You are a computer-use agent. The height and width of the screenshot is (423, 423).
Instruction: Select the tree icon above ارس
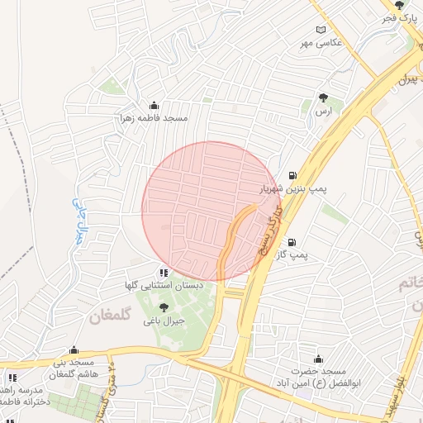point(323,97)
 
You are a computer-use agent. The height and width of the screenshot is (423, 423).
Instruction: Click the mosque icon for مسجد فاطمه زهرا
point(154,106)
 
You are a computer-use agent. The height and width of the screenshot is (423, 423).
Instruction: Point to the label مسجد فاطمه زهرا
point(154,118)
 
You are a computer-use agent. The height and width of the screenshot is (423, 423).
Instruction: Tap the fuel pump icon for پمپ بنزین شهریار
point(293,175)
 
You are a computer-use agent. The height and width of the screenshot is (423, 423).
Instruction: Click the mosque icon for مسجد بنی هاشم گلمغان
point(74,349)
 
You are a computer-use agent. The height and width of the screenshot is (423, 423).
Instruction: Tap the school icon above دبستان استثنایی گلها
point(164,272)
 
